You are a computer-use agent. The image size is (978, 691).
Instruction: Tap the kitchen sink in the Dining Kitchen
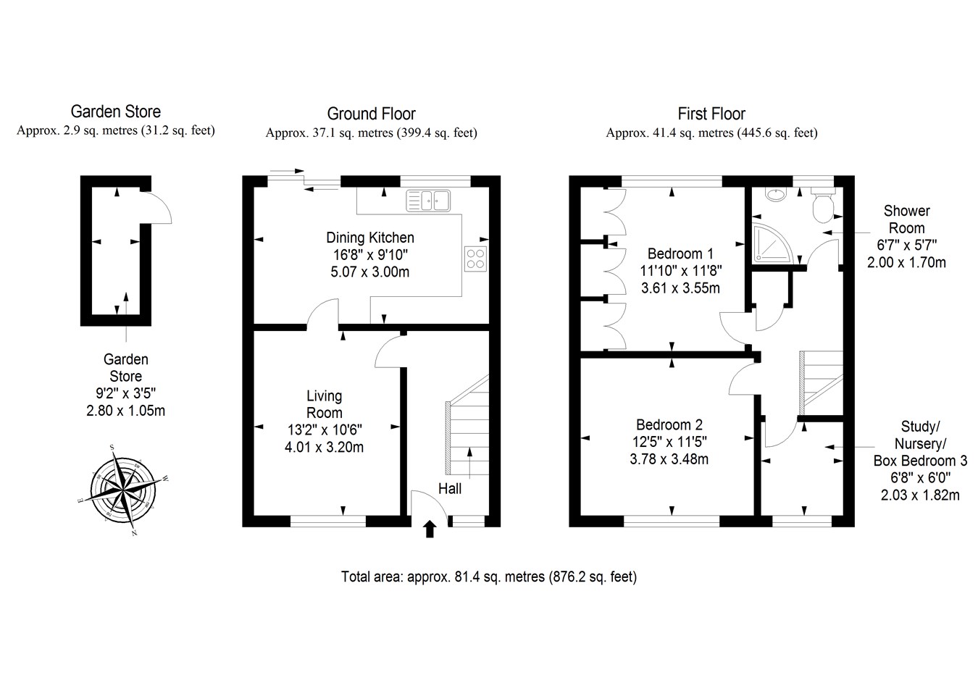tap(428, 200)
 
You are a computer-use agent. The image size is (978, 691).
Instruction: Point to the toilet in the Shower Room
tap(823, 206)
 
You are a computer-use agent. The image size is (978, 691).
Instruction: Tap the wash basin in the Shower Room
tap(776, 194)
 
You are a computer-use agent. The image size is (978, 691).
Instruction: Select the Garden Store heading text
tap(115, 112)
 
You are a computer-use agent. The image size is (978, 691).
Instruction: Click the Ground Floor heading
tap(371, 114)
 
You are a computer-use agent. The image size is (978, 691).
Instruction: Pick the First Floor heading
tap(711, 114)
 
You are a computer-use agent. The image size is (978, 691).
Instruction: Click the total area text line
tap(489, 577)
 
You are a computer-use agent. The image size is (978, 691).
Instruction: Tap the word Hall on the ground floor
tap(449, 489)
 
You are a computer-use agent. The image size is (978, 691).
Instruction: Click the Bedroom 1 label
tap(680, 254)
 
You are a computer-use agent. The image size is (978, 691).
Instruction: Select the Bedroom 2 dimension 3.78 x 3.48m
tap(669, 459)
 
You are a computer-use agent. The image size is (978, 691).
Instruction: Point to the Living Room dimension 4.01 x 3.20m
tap(324, 448)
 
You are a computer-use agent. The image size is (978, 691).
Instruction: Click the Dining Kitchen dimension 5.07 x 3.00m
tap(370, 272)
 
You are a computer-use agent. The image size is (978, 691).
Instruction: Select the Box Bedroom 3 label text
tap(920, 461)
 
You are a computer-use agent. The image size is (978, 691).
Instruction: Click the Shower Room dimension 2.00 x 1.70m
tap(906, 263)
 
